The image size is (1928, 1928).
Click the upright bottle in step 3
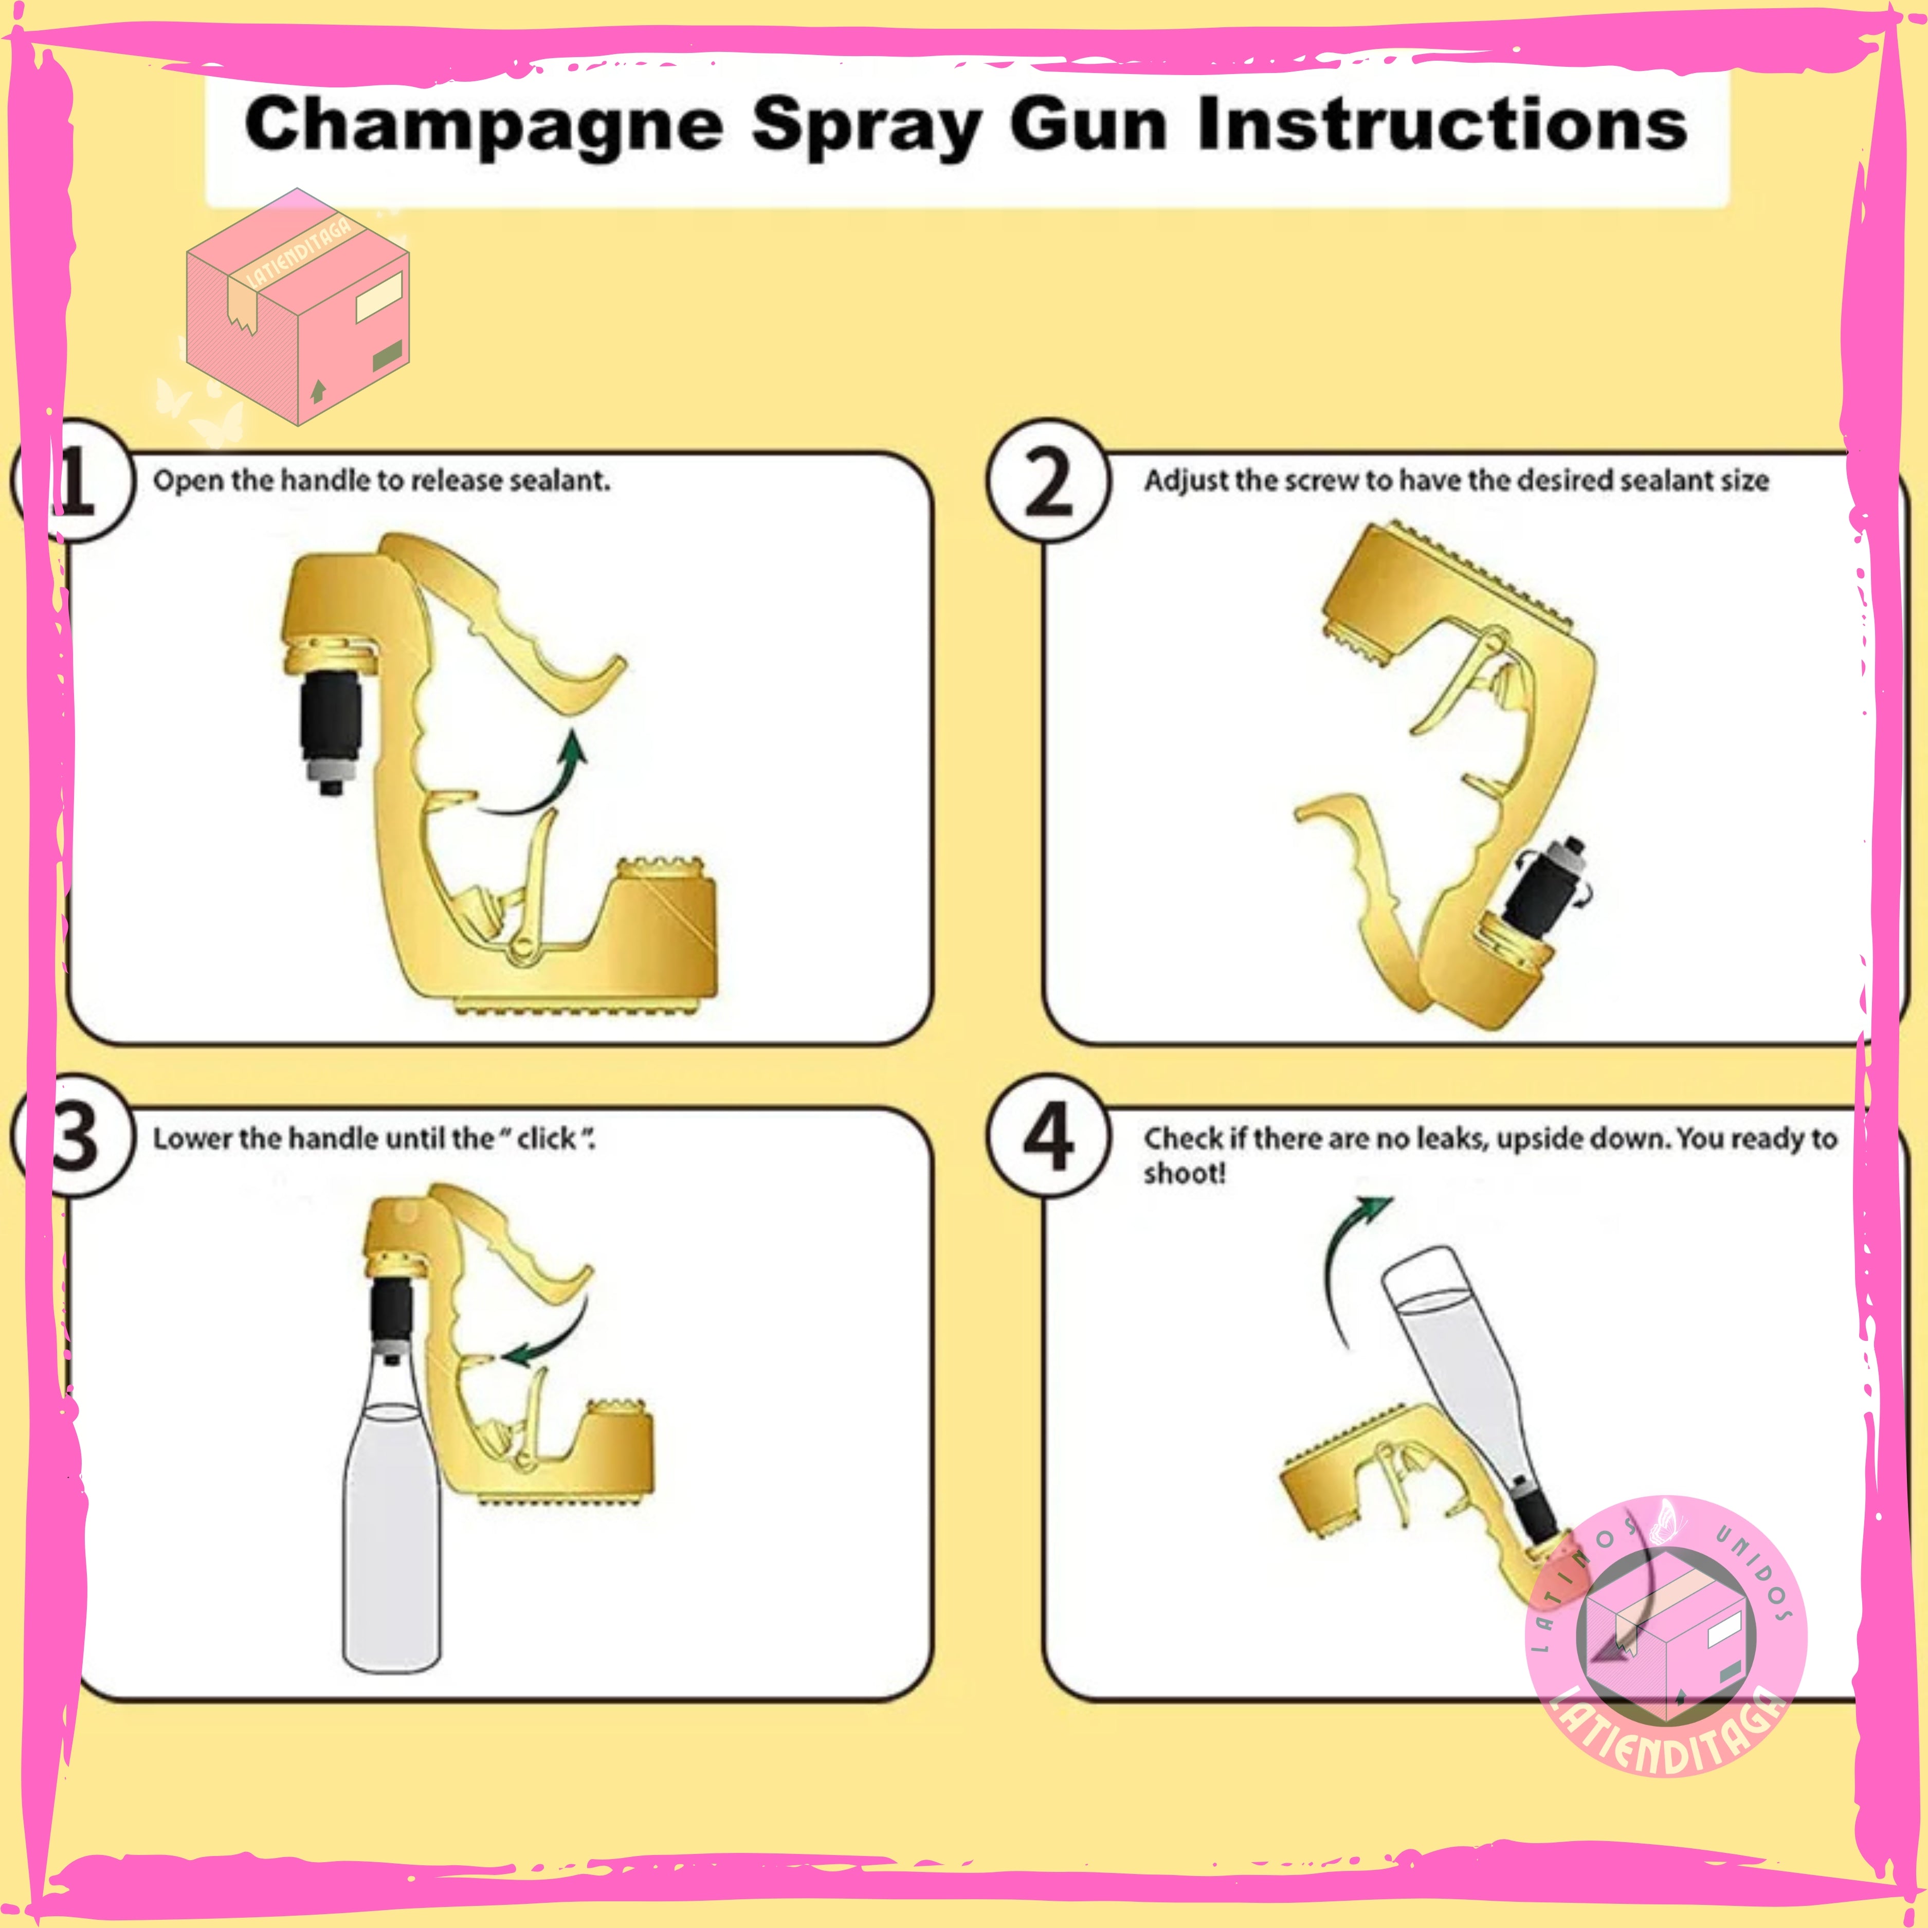pyautogui.click(x=392, y=1487)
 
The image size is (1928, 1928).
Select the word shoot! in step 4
pyautogui.click(x=1185, y=1174)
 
